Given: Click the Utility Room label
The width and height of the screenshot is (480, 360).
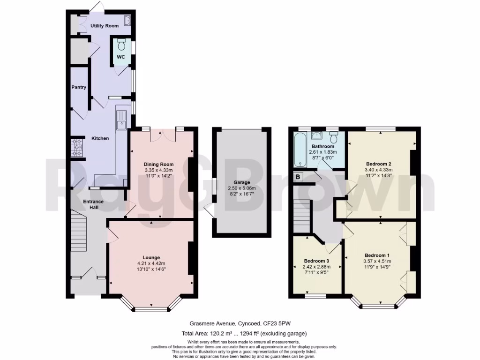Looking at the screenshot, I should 105,26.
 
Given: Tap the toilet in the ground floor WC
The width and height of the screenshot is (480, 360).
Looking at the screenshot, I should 121,45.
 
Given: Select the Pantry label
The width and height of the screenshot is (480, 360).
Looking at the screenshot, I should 79,87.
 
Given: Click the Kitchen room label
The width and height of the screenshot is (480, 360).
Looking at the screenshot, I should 100,138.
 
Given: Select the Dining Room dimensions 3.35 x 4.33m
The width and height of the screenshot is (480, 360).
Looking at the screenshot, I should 159,171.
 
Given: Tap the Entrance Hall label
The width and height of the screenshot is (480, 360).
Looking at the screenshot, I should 93,204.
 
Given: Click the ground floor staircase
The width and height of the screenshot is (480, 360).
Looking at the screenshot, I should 79,232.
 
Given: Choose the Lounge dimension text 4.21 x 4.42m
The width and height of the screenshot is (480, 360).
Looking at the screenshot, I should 151,263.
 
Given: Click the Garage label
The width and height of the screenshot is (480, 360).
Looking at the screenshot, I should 242,182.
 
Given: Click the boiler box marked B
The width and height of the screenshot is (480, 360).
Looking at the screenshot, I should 297,177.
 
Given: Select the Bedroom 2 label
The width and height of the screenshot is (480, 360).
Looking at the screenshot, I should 378,164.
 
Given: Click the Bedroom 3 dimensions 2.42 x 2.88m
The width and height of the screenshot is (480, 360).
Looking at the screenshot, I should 316,267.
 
